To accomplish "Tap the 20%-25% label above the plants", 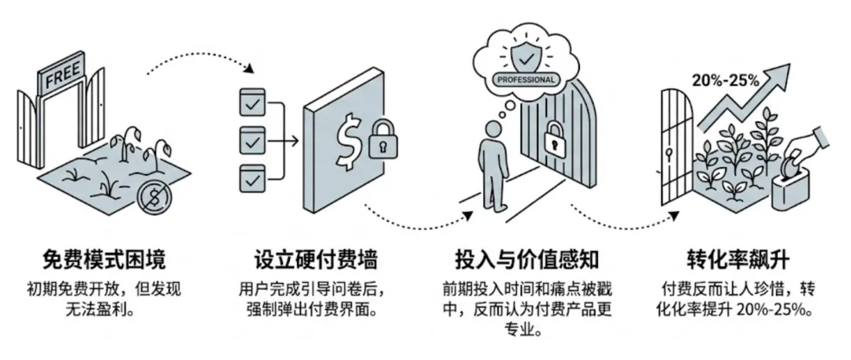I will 725,80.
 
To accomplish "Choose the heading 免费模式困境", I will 105,259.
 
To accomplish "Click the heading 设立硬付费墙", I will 315,259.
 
